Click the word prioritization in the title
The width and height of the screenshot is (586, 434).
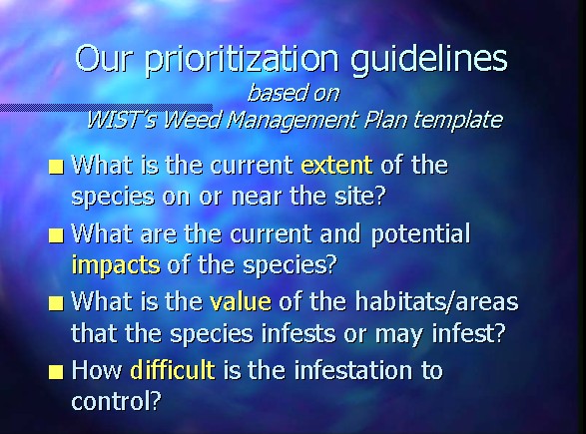(242, 60)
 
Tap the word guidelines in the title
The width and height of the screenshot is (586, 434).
(429, 60)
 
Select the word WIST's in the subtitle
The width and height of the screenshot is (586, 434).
(122, 120)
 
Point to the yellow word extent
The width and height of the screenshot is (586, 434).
(337, 165)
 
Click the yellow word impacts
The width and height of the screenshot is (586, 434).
(116, 264)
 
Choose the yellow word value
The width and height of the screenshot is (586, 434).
(241, 301)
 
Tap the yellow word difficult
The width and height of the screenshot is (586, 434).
(173, 370)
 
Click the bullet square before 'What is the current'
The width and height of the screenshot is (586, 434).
(56, 167)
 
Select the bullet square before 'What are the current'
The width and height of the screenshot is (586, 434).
(56, 235)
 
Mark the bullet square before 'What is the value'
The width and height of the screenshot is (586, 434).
(56, 303)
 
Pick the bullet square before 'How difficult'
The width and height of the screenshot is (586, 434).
(56, 372)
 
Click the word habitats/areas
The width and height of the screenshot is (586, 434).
(436, 301)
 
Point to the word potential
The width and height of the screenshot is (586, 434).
(420, 234)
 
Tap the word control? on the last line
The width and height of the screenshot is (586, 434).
(116, 401)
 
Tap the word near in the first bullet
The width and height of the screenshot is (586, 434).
(256, 198)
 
